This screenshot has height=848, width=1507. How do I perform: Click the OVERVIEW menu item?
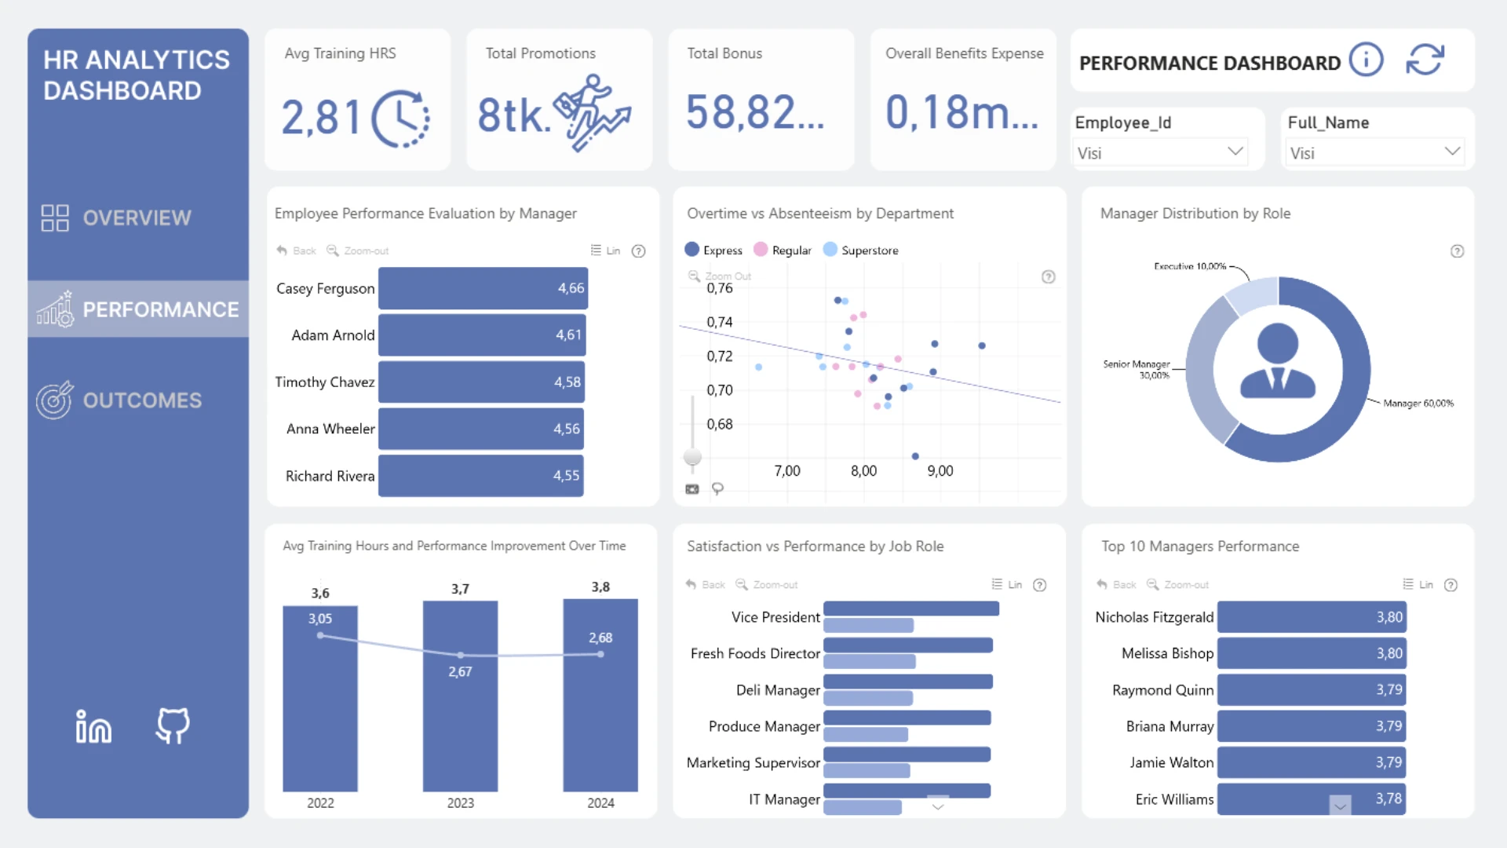(136, 217)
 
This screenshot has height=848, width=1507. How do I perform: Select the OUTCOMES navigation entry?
(141, 400)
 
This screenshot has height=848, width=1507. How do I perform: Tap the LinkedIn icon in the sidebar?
(93, 726)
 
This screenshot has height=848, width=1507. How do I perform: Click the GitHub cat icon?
(173, 726)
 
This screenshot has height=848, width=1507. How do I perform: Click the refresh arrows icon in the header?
(1425, 60)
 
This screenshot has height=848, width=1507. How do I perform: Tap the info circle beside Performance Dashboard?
(1366, 60)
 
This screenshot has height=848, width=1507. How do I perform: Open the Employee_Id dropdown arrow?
(1235, 151)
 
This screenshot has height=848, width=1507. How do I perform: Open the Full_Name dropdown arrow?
(1452, 151)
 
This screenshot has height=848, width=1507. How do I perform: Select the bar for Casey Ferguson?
(482, 288)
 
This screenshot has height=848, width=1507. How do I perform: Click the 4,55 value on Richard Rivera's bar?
(566, 476)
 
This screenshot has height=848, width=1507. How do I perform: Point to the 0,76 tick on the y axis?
(720, 288)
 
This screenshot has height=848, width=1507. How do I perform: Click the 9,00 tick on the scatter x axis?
(940, 471)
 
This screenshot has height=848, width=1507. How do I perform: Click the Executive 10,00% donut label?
(1189, 266)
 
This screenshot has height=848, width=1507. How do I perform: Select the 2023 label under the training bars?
(460, 803)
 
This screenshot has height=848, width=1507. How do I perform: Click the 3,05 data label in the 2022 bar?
(319, 619)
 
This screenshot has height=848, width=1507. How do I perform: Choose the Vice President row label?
(775, 617)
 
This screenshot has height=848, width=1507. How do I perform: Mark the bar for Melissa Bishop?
(1310, 653)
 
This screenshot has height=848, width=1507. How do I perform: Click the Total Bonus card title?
(724, 53)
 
